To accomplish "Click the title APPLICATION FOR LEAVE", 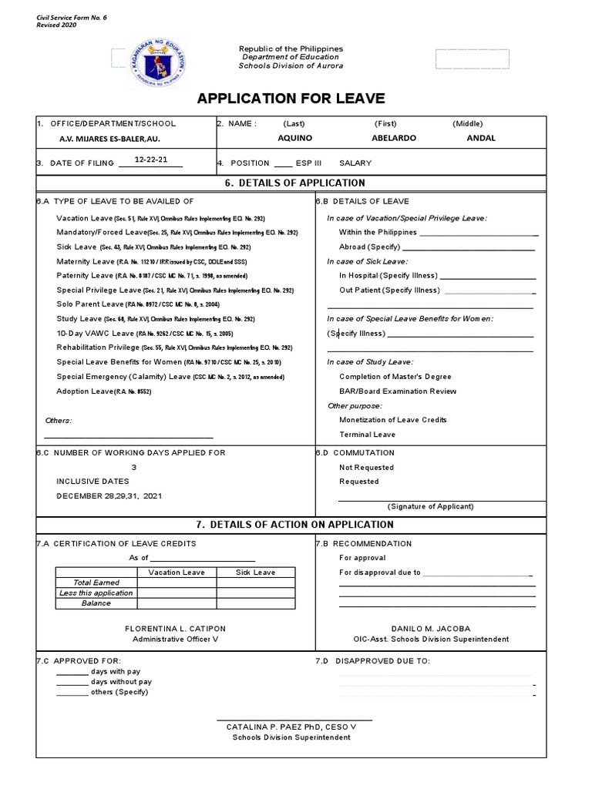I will point(291,98).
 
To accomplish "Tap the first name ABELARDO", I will point(393,138).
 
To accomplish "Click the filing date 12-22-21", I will point(151,159).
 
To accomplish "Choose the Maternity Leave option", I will point(85,261).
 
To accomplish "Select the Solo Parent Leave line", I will point(88,304).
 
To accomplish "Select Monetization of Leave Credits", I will point(392,420).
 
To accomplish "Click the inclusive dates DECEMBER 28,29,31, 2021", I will point(109,495).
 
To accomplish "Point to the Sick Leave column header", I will point(254,572).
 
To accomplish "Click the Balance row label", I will point(96,603).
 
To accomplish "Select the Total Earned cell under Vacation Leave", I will point(176,583).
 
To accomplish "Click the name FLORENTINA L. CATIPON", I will point(175,629).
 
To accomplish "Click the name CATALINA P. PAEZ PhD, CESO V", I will point(291,727).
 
